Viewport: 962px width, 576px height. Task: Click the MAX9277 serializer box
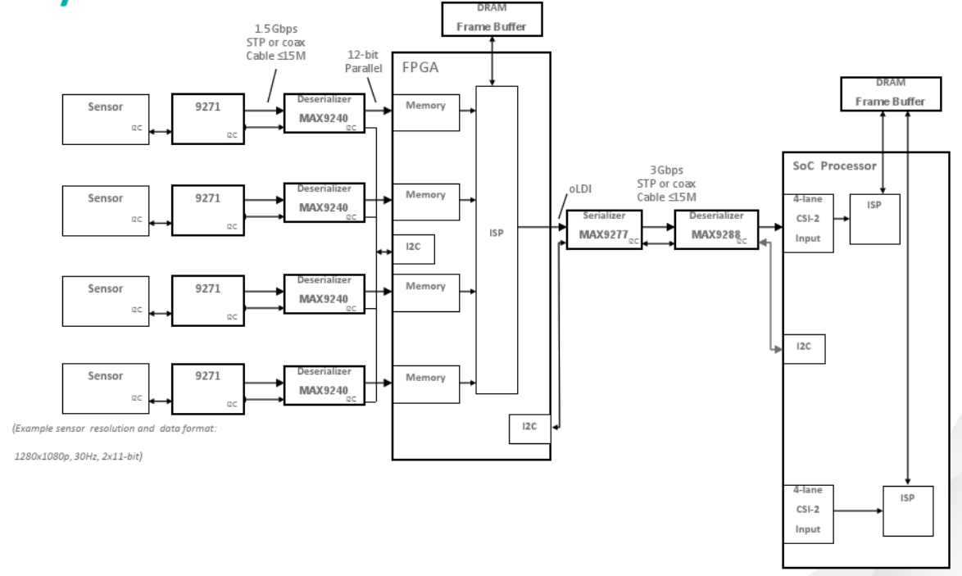click(x=603, y=229)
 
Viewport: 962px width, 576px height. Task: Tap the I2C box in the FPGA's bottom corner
click(x=529, y=429)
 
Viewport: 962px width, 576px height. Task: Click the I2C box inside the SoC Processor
click(x=803, y=348)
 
